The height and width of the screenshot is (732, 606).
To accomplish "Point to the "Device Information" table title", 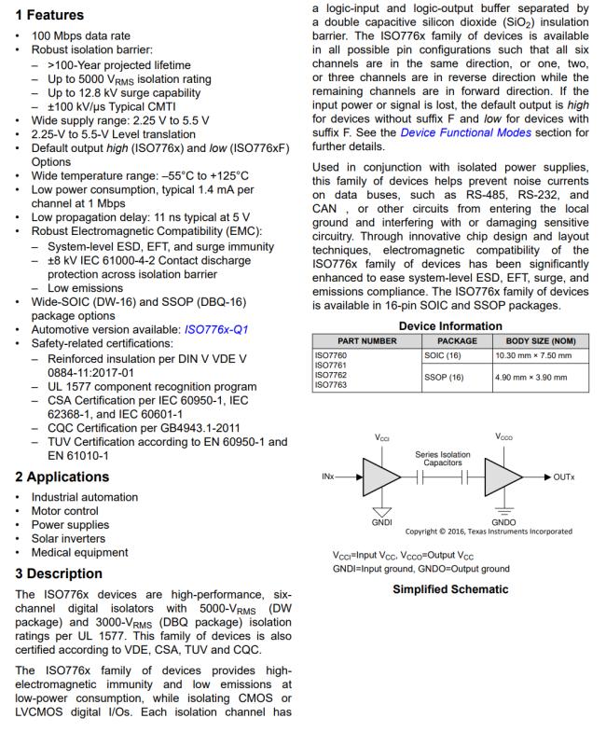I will click(450, 325).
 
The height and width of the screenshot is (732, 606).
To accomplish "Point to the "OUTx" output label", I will click(564, 476).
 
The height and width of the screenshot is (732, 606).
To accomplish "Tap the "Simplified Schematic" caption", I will click(450, 589).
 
